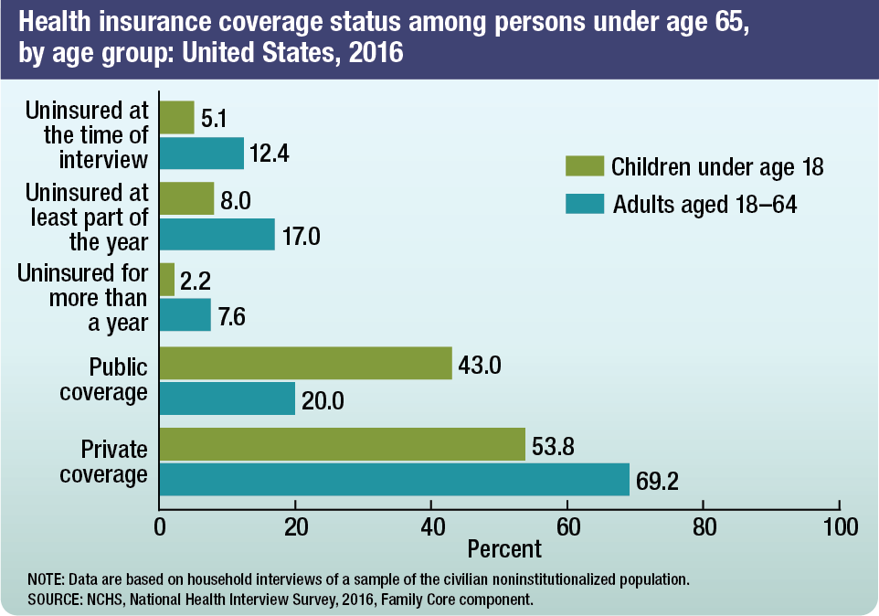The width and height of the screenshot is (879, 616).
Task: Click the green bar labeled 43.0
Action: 305,363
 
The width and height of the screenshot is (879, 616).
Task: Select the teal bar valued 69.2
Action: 394,479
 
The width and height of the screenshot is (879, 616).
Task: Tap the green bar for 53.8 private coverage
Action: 342,444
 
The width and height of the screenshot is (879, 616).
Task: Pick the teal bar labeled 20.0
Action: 228,398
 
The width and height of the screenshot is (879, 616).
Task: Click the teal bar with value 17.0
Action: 217,234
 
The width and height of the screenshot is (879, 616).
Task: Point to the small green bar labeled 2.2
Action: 167,280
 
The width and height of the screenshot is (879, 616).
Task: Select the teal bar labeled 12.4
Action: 202,153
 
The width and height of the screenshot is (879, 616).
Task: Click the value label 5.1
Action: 215,120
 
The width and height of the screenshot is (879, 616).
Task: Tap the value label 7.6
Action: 231,318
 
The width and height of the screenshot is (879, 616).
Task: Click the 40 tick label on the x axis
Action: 431,527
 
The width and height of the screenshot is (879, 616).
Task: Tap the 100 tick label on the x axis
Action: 839,527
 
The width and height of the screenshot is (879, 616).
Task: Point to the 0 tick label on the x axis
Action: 160,527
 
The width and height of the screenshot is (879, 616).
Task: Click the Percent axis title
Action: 504,549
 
